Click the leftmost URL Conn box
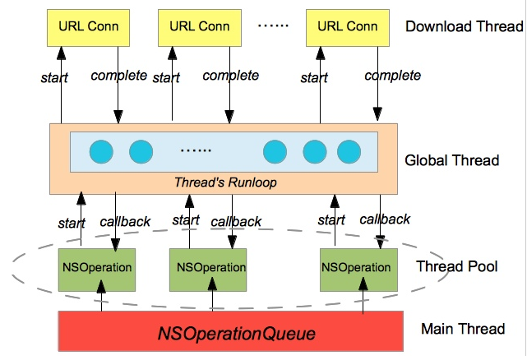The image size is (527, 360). click(x=89, y=26)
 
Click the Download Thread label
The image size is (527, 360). click(x=464, y=26)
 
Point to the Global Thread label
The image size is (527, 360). click(x=452, y=160)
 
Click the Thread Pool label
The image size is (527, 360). click(x=455, y=266)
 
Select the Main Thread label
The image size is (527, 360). click(x=462, y=329)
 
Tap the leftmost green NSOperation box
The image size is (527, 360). click(x=98, y=267)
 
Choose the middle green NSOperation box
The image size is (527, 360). click(x=211, y=267)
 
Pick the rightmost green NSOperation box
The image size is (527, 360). click(x=356, y=267)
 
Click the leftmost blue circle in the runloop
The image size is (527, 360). click(x=100, y=152)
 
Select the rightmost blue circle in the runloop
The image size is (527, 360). click(x=349, y=152)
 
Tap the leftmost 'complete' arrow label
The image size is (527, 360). click(x=118, y=76)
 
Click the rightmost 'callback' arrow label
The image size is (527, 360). click(x=385, y=219)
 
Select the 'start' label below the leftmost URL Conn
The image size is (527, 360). click(x=54, y=79)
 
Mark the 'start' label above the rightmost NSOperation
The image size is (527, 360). click(x=331, y=220)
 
